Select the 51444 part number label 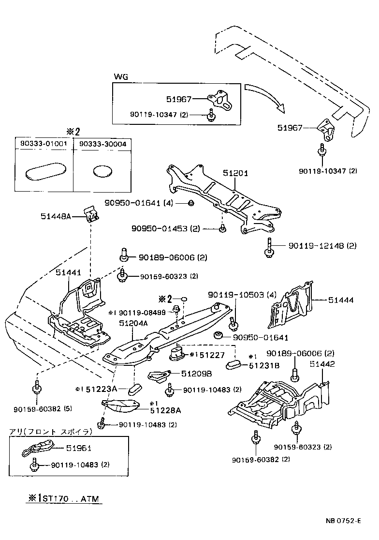342,300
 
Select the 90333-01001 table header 43,143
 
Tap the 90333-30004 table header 102,143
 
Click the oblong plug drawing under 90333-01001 44,172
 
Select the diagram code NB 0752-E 343,521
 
